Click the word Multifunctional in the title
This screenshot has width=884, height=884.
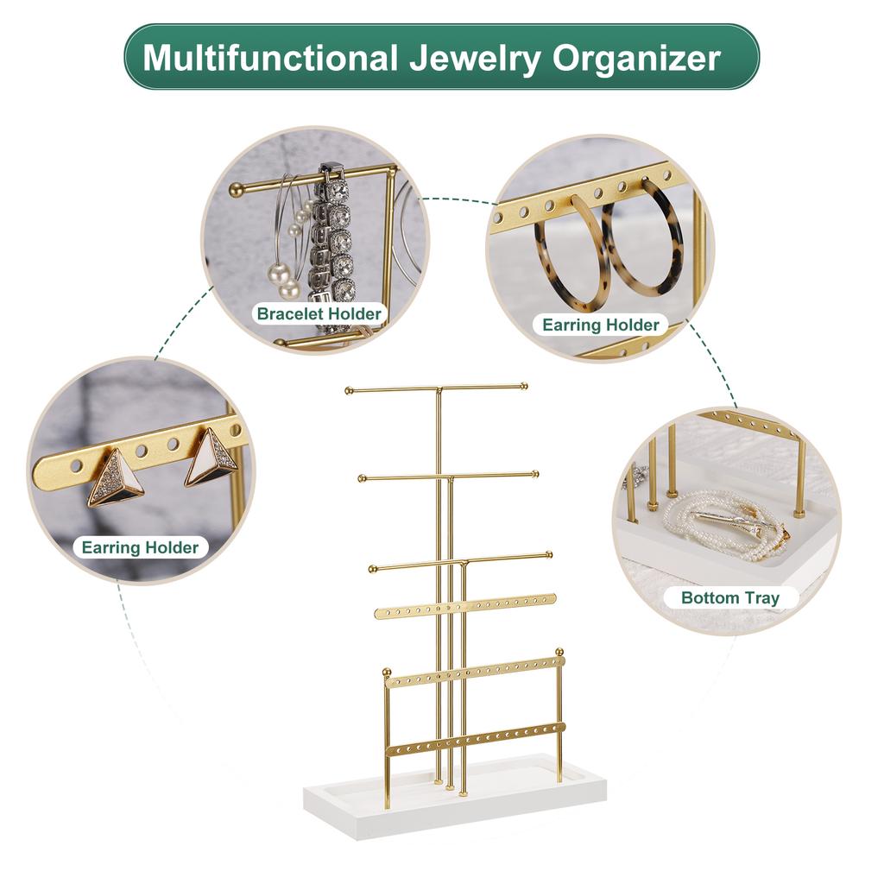tap(268, 58)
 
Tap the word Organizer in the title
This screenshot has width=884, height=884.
tap(636, 58)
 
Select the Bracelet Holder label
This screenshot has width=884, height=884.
tap(319, 313)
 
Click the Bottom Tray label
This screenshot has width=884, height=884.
tap(729, 597)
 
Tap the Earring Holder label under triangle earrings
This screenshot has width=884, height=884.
tap(140, 546)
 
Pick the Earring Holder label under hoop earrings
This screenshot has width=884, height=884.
tap(600, 325)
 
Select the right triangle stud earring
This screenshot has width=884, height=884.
tap(209, 458)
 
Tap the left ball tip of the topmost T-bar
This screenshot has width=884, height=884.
tap(349, 391)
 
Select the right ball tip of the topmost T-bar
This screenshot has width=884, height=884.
tap(524, 386)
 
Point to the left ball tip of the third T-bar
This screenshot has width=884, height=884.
tap(373, 567)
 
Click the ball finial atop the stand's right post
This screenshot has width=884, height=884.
tap(559, 652)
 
